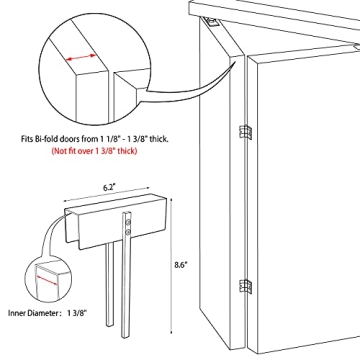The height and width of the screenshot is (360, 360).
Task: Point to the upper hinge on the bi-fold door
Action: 243,132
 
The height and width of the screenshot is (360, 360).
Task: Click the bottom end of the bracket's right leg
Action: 127,338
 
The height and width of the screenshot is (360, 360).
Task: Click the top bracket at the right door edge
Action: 351,45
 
